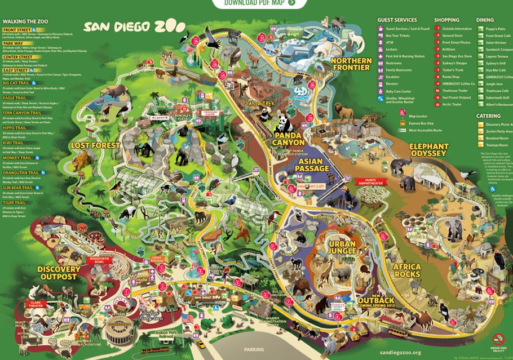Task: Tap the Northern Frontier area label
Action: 351,64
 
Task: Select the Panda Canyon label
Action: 290,139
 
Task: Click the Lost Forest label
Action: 95,145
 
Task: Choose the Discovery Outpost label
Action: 59,273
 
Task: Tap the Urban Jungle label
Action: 342,247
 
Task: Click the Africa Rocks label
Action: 407,270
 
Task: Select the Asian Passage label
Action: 312,165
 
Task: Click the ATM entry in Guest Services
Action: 390,42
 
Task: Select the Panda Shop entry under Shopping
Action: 451,77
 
